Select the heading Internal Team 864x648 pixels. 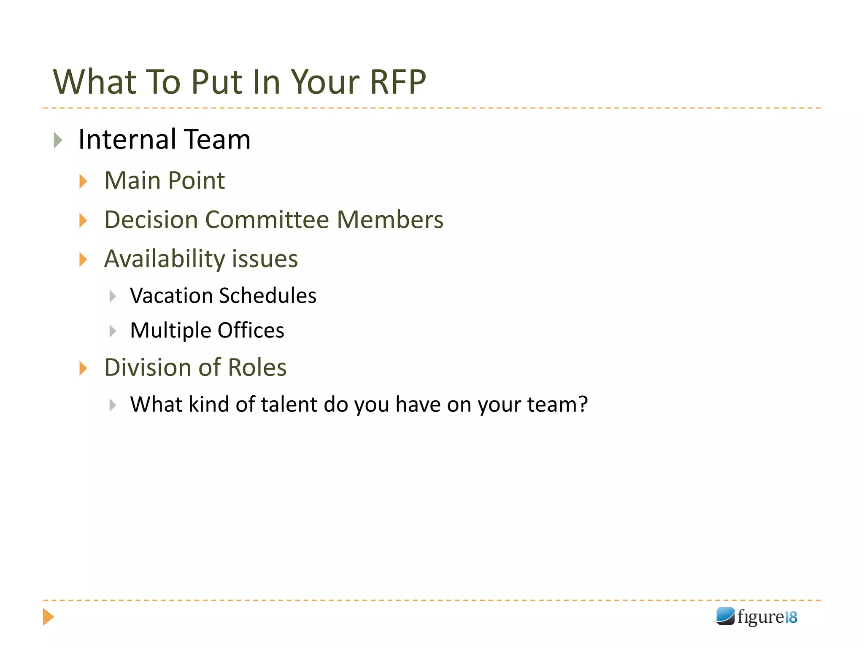tap(165, 140)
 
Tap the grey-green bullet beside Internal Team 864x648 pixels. tap(58, 140)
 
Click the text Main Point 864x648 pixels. tap(165, 181)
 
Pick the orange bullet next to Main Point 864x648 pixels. tap(83, 181)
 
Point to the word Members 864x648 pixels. tap(390, 220)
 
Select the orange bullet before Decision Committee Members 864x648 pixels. tap(83, 220)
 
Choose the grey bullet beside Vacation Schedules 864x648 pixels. tap(113, 296)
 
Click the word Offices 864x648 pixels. tap(251, 330)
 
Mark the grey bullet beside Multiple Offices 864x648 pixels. tap(113, 331)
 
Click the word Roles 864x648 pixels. tap(257, 367)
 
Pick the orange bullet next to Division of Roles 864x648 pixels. tap(83, 368)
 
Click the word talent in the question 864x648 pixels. tap(289, 405)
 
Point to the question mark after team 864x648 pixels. tap(583, 404)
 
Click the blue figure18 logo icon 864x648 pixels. tap(725, 616)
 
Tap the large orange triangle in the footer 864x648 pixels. tap(48, 617)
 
